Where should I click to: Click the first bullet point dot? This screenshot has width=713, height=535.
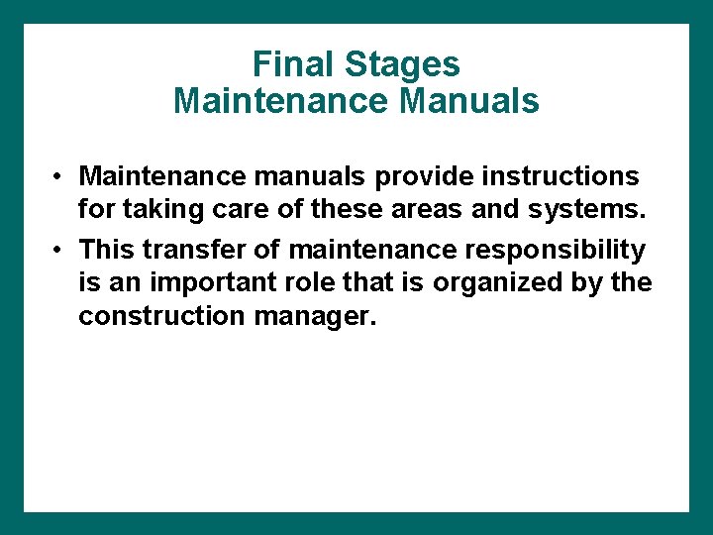(x=60, y=176)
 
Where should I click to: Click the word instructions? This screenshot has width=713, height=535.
(x=567, y=176)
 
